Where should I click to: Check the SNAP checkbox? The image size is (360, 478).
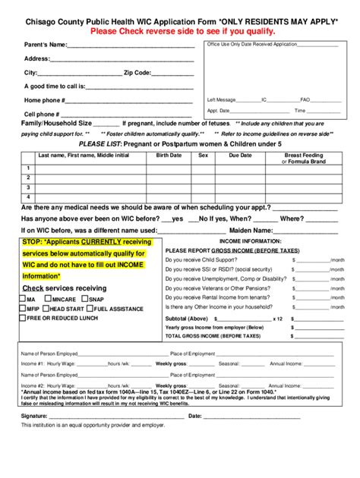[86, 299]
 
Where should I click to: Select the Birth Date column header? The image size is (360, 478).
[169, 155]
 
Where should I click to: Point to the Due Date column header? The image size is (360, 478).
[239, 155]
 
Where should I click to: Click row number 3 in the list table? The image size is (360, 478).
[28, 187]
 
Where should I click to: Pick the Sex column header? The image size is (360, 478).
[203, 155]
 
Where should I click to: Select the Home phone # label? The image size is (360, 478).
[43, 100]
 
